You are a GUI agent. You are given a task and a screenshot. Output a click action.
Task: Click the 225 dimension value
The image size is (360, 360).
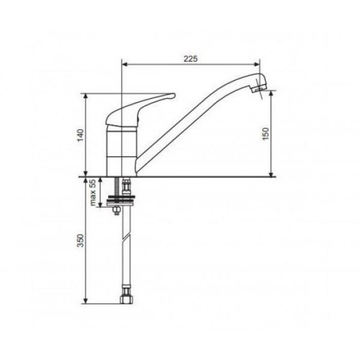[190, 59]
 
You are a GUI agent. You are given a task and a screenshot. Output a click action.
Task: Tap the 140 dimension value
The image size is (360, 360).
[81, 135]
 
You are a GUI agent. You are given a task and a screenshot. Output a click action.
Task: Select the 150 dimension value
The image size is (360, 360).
[265, 134]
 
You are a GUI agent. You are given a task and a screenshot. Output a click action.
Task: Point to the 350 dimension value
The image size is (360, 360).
[81, 240]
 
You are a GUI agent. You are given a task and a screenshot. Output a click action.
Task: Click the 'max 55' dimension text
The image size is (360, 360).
[93, 192]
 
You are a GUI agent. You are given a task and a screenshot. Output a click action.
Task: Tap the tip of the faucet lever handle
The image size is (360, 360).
[174, 95]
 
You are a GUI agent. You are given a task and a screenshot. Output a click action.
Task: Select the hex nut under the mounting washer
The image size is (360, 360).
[116, 210]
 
